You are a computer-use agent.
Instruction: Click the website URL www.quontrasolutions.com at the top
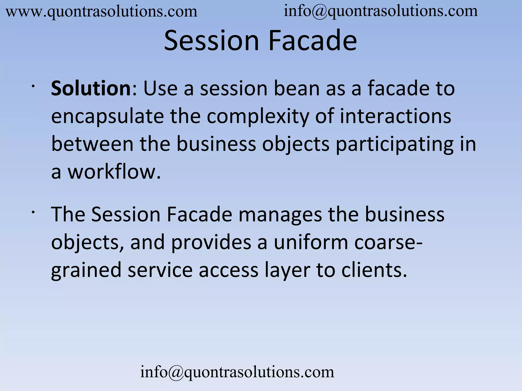101,12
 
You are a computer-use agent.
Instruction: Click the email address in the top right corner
381,11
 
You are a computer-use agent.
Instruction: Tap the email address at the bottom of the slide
237,372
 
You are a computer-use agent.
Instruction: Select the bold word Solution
91,89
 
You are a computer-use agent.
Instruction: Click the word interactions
395,116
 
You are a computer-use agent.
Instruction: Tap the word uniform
311,242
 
